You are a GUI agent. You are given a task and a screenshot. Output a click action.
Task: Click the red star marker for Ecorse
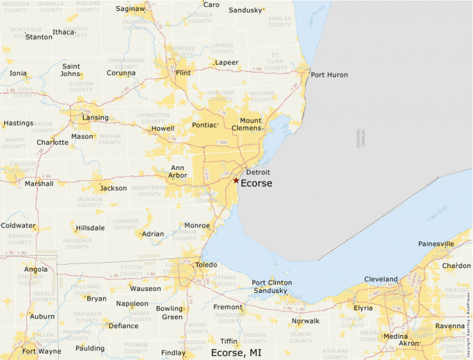[236, 180]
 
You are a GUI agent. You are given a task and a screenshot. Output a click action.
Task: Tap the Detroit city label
[258, 172]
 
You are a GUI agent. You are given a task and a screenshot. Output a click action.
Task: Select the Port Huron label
[329, 75]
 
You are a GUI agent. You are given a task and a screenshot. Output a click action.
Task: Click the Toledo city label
[205, 265]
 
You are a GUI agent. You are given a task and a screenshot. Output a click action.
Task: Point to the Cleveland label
[381, 279]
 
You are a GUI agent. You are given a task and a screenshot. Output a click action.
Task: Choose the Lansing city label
[95, 117]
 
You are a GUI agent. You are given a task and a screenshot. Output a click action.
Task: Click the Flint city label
[183, 73]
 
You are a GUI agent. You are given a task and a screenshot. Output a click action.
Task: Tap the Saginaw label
[130, 9]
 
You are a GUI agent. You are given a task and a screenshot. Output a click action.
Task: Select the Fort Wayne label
[40, 351]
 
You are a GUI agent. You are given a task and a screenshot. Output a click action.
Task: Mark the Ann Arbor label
[178, 171]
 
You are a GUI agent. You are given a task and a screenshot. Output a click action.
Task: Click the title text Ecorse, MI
[236, 352]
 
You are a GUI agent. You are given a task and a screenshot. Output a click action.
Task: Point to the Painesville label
[436, 244]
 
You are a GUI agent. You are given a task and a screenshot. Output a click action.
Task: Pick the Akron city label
[409, 343]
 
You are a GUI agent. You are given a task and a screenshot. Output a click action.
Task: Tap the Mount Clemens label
[250, 125]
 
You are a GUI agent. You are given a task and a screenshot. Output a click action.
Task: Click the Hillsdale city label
[91, 228]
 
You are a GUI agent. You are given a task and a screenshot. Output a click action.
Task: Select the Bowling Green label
[170, 312]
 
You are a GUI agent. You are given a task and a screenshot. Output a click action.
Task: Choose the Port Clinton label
[271, 283]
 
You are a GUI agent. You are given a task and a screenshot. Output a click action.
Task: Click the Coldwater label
[18, 226]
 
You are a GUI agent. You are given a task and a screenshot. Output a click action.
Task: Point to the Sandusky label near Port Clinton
[270, 291]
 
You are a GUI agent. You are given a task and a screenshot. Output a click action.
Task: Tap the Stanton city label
[39, 37]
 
